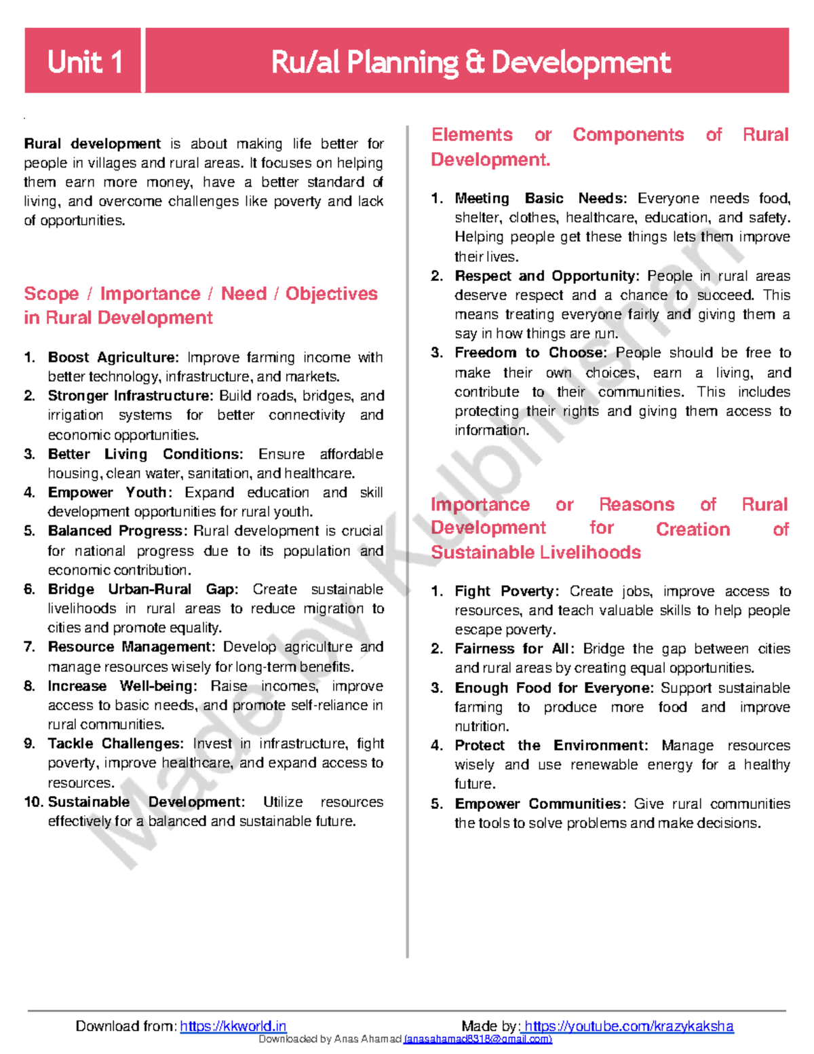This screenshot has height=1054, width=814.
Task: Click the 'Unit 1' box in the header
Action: [83, 62]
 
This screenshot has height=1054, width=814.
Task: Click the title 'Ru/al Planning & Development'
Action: [470, 62]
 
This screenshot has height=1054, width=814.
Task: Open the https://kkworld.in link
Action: [233, 1025]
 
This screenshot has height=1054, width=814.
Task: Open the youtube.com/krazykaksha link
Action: [629, 1025]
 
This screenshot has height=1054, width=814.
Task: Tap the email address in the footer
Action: [478, 1039]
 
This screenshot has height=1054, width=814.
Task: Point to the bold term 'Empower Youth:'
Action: [110, 493]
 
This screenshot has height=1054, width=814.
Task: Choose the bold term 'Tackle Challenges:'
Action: [115, 744]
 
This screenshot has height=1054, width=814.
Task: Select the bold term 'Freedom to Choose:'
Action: [530, 353]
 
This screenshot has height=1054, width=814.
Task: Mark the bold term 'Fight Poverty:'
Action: [507, 591]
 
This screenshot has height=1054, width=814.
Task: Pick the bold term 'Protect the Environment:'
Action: [551, 746]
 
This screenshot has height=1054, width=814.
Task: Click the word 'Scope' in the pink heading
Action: [52, 294]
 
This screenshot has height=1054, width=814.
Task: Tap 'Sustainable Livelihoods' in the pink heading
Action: [536, 552]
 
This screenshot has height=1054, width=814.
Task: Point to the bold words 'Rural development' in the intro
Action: [92, 144]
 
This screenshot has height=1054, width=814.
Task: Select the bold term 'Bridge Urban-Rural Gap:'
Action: [142, 589]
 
